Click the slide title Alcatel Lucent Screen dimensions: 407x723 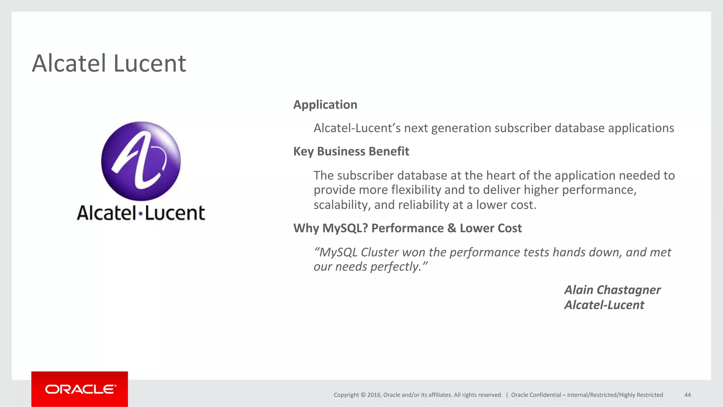(109, 64)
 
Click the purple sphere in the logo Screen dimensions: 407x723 (141, 161)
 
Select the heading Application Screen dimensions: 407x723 (325, 105)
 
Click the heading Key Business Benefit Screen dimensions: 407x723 (351, 151)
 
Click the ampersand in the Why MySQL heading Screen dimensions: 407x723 (452, 228)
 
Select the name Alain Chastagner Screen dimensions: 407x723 (612, 290)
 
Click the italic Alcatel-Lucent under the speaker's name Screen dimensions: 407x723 (604, 305)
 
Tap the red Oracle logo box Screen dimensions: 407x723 (79, 389)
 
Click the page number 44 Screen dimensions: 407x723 (687, 395)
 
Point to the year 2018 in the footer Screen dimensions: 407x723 (374, 395)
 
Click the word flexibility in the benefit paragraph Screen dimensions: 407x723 (416, 190)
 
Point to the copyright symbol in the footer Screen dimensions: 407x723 (362, 395)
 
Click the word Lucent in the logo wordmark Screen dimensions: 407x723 (175, 213)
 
